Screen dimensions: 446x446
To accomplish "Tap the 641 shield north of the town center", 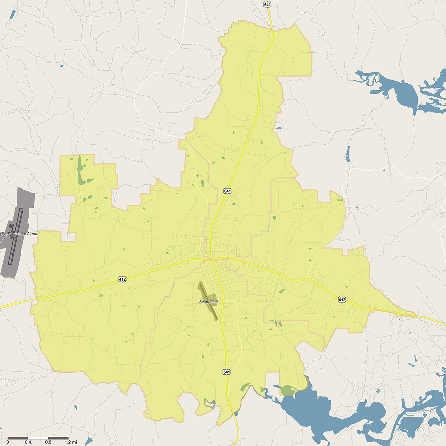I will [x=227, y=191].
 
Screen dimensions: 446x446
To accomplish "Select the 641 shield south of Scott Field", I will [x=226, y=372].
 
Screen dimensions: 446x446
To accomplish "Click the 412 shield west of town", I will [x=122, y=279].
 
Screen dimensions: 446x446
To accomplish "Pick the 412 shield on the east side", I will [x=342, y=299].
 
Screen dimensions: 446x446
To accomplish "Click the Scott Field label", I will [x=208, y=302].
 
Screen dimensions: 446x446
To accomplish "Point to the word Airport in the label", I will [x=32, y=234].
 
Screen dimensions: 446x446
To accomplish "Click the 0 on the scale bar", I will [x=8, y=442].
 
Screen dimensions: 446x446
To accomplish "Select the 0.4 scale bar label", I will [x=28, y=442].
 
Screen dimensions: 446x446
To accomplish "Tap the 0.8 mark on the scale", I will [x=48, y=442].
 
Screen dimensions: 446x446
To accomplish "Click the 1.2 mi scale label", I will [x=71, y=442].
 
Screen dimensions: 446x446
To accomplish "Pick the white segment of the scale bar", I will [x=38, y=438].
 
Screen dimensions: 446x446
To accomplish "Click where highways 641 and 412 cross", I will [x=211, y=259].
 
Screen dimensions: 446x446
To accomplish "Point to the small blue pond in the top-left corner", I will [x=13, y=14].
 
